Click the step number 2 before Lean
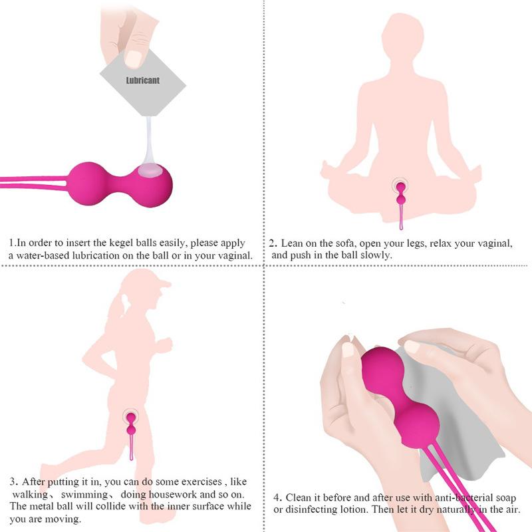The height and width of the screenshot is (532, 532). click(x=272, y=243)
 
